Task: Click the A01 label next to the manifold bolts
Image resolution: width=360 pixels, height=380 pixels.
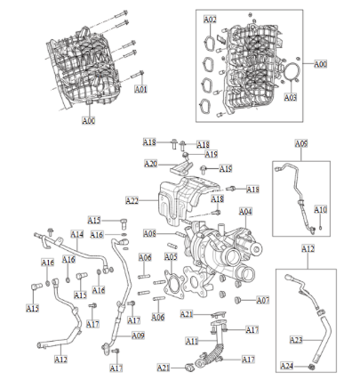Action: click(140, 90)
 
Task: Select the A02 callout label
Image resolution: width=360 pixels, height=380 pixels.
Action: click(210, 19)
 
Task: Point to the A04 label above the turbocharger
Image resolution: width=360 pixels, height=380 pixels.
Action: click(245, 211)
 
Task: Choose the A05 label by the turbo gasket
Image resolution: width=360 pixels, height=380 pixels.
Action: click(172, 256)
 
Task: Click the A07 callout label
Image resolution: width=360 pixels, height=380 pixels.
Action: click(262, 301)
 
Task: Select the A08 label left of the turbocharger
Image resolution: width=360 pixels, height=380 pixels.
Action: click(150, 233)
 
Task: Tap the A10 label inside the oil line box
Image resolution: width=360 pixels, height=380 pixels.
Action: click(321, 210)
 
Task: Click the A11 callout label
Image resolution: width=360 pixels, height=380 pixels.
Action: click(192, 341)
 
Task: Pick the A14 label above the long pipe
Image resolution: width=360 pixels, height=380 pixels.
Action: click(77, 234)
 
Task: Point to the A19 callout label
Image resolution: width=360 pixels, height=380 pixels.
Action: click(211, 154)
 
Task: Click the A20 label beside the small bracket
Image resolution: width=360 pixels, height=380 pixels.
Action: click(150, 164)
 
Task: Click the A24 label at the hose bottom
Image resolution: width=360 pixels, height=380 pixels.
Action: click(287, 366)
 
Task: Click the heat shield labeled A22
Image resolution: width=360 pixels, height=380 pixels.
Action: click(182, 200)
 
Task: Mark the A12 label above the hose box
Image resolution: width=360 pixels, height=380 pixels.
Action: click(308, 250)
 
